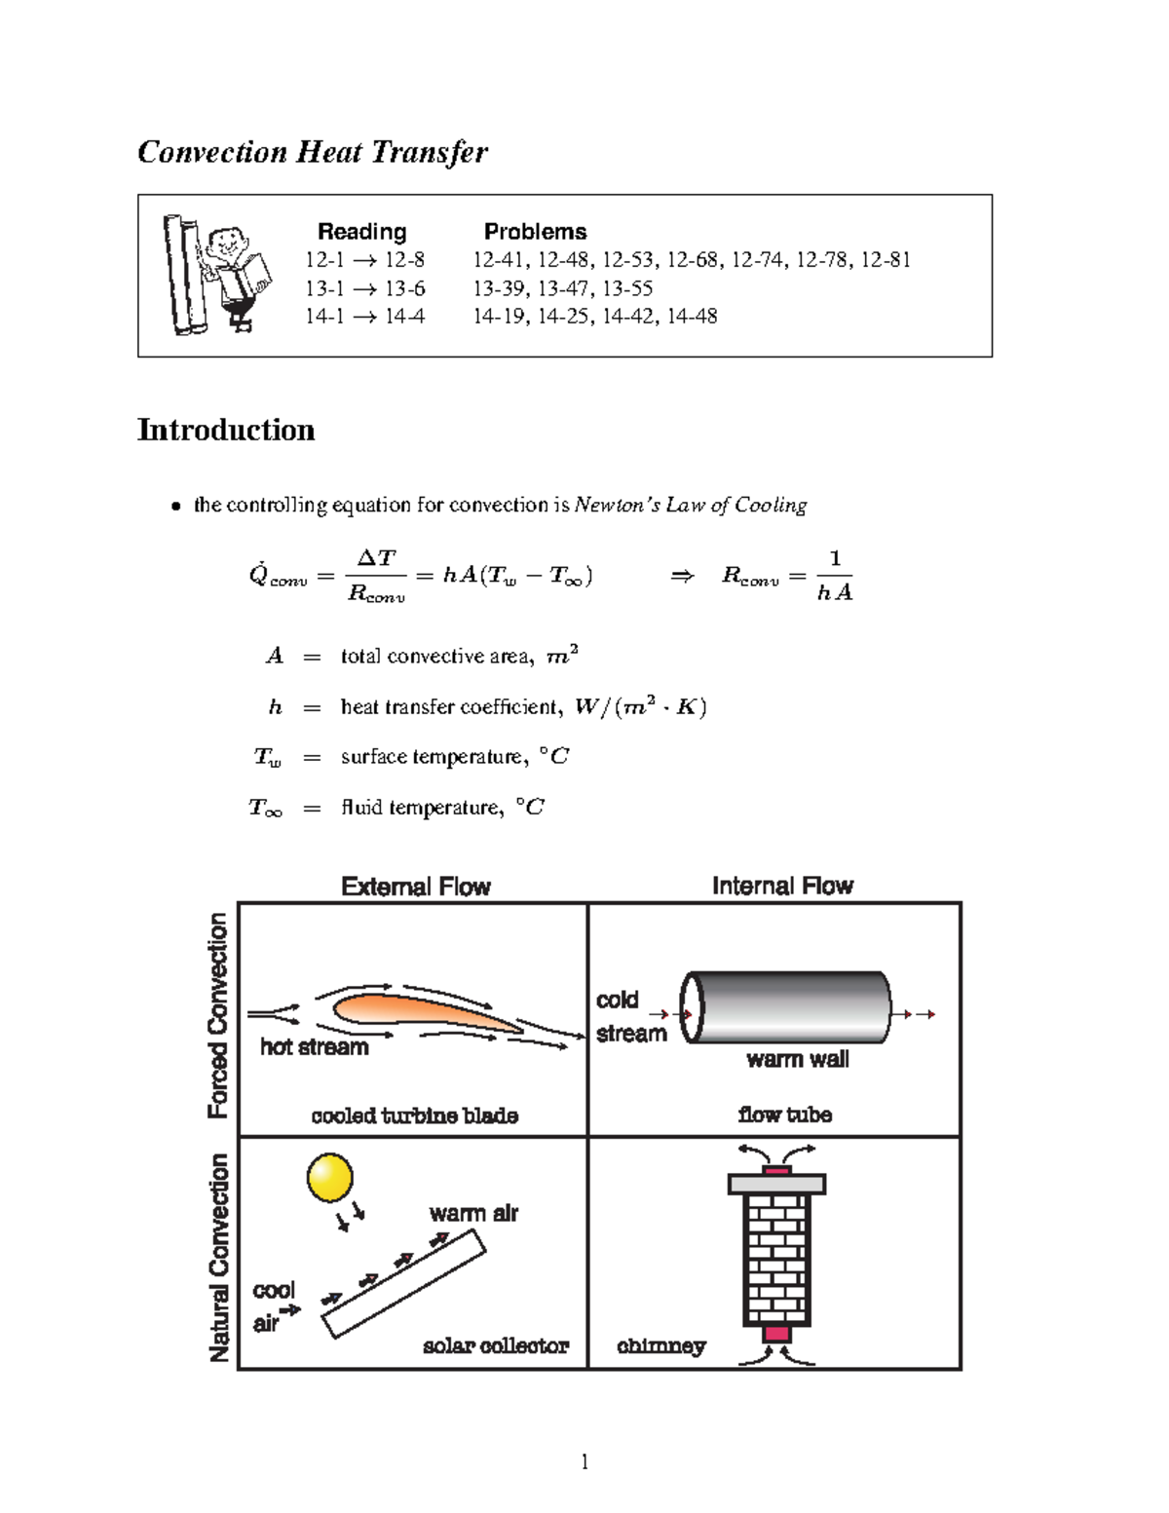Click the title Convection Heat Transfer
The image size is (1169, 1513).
point(312,152)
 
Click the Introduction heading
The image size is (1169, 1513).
point(226,430)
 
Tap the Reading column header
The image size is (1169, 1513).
point(361,232)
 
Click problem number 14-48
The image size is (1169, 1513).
point(693,316)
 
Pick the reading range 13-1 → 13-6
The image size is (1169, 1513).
point(364,288)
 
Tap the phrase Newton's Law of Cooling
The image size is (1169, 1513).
point(690,505)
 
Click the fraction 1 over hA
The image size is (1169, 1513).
point(834,576)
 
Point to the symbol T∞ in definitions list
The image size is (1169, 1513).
point(265,808)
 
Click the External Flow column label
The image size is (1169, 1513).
point(416,887)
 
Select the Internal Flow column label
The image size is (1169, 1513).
point(782,886)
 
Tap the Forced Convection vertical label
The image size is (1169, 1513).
point(218,1015)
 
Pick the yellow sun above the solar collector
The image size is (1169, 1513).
point(329,1178)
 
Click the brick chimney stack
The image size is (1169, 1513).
point(776,1257)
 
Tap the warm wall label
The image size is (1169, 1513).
point(797,1059)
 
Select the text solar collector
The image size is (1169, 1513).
point(496,1345)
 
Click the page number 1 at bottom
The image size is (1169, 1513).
point(584,1461)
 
